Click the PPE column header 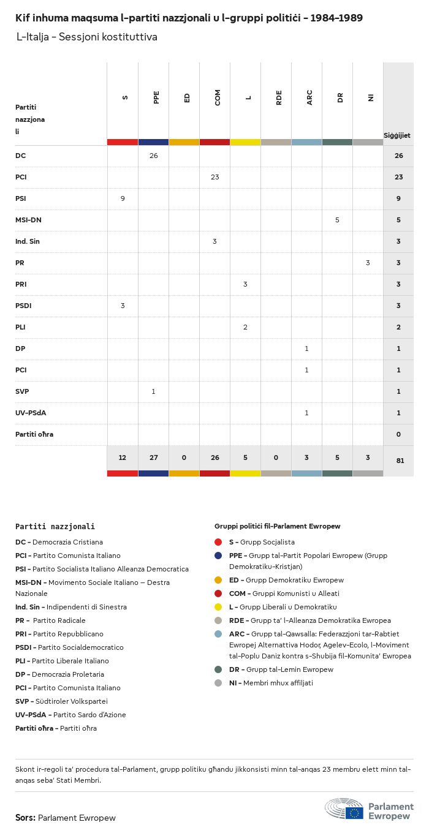(x=156, y=97)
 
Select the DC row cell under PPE (x=153, y=156)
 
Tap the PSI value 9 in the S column (x=123, y=198)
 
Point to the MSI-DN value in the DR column (x=337, y=220)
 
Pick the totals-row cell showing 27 (x=153, y=458)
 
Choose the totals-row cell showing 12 (x=123, y=458)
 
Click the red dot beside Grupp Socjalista (x=218, y=542)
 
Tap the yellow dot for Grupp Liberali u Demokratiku (x=218, y=607)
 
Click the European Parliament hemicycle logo (x=344, y=809)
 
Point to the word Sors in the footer (x=25, y=818)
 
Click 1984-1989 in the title (x=336, y=18)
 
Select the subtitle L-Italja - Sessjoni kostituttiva (x=87, y=37)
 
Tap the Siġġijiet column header (x=397, y=135)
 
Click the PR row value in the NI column (x=368, y=263)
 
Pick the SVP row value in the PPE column (x=153, y=391)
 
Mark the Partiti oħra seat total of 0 (x=398, y=434)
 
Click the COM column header (x=218, y=97)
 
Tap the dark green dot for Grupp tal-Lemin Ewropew (x=218, y=669)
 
